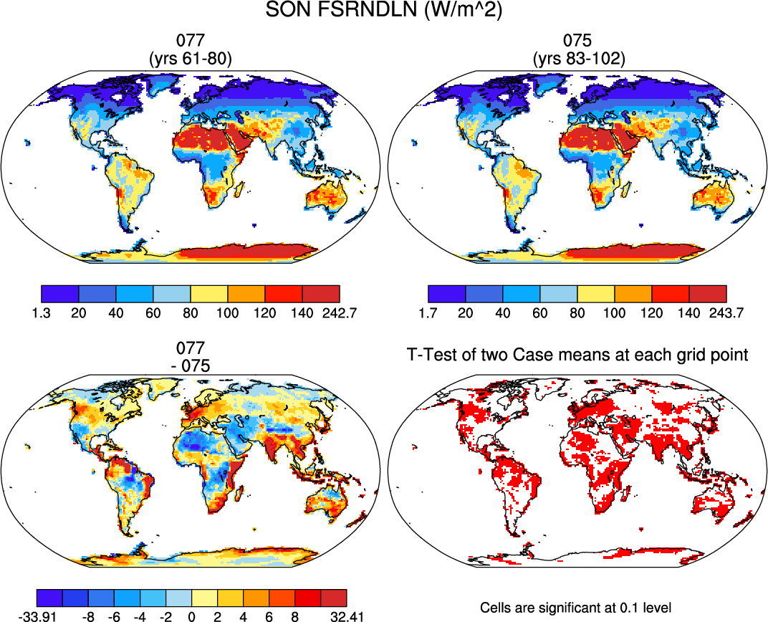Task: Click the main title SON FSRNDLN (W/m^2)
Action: click(383, 11)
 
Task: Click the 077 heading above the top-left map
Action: click(190, 43)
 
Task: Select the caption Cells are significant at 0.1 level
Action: click(576, 608)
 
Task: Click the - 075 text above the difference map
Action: click(190, 365)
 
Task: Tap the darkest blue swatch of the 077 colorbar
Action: click(59, 294)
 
